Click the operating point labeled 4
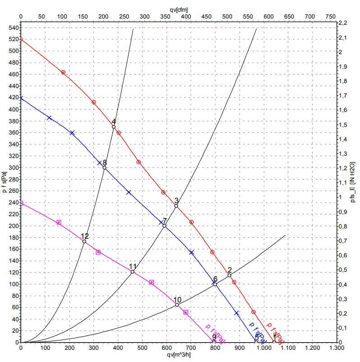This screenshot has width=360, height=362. pyautogui.click(x=114, y=127)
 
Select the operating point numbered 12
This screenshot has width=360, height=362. pyautogui.click(x=84, y=241)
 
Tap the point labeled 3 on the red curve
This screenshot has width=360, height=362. pyautogui.click(x=176, y=206)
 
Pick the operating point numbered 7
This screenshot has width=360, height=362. pyautogui.click(x=164, y=226)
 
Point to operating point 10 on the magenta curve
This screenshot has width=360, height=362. pyautogui.click(x=177, y=305)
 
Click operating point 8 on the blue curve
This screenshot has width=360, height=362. pyautogui.click(x=104, y=168)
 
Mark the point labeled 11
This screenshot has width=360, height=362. pyautogui.click(x=133, y=272)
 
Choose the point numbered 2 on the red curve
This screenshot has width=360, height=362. pyautogui.click(x=229, y=275)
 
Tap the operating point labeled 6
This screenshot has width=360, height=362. pyautogui.click(x=215, y=284)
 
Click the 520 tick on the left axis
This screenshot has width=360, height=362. pyautogui.click(x=13, y=39)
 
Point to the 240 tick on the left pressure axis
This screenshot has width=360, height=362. pyautogui.click(x=13, y=203)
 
